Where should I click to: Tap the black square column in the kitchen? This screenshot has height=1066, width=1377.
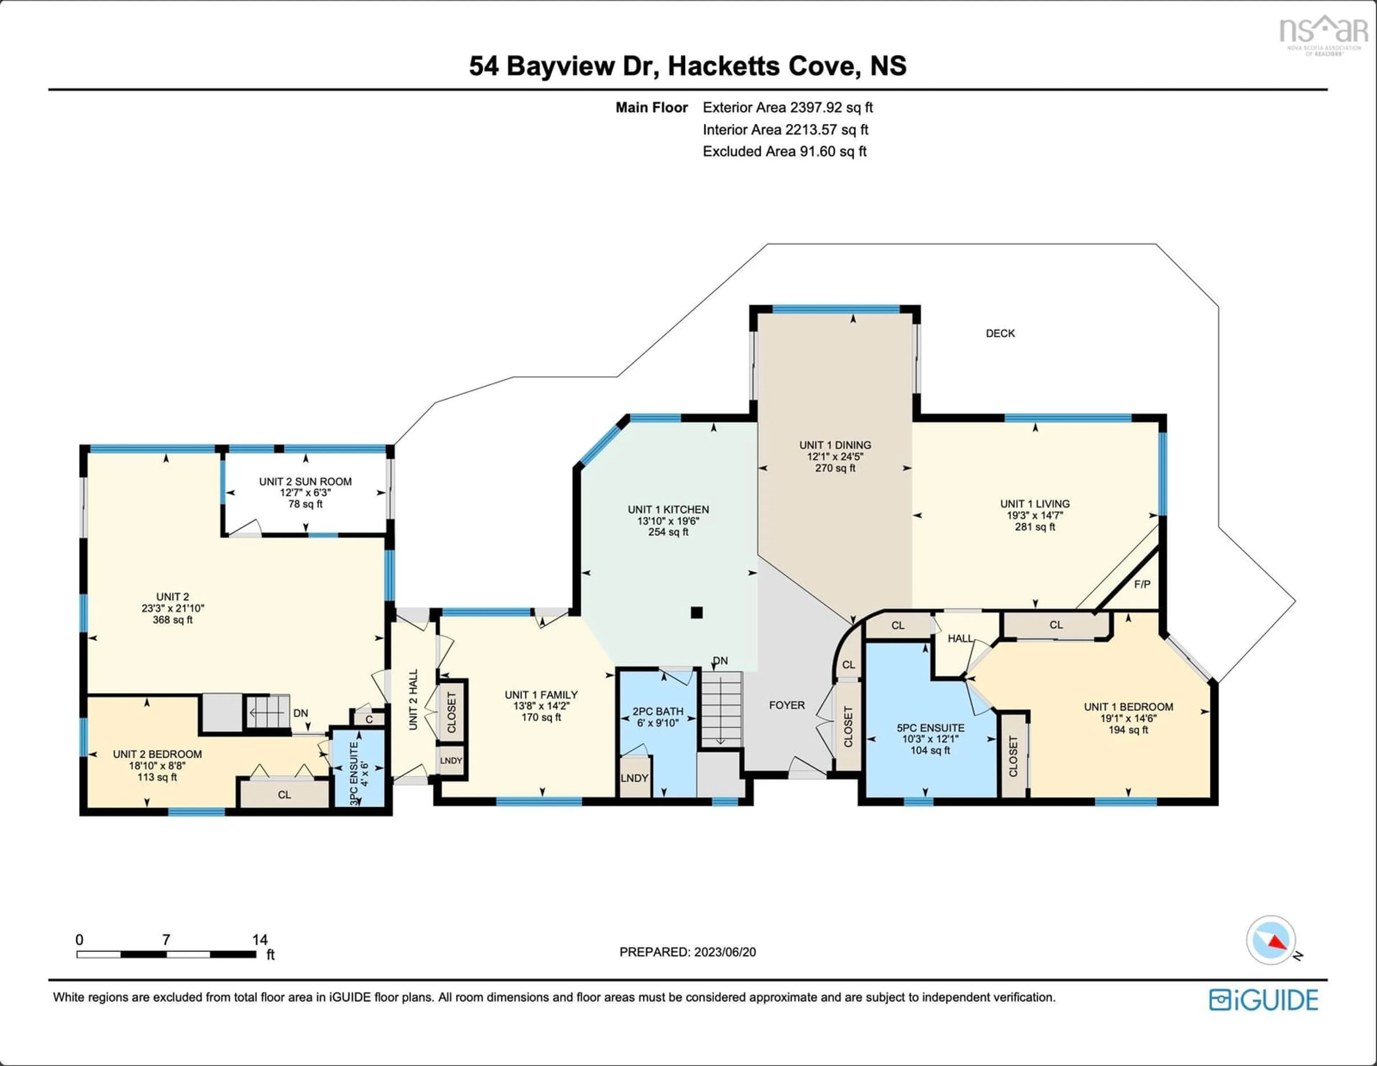coord(696,612)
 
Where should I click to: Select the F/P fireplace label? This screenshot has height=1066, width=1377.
coord(1142,584)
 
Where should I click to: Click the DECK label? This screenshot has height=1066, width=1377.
coord(1000,333)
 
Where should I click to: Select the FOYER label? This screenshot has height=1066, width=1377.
coord(786,705)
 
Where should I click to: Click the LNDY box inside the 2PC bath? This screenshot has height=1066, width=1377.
coord(634,778)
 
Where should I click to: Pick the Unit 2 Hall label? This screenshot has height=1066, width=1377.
coord(413,700)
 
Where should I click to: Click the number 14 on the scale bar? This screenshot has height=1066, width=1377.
coord(260,939)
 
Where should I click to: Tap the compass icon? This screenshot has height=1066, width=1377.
coord(1270,940)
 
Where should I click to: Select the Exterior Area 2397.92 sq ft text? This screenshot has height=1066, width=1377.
coord(787,107)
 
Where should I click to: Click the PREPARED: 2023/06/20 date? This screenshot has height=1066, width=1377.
coord(687,952)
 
